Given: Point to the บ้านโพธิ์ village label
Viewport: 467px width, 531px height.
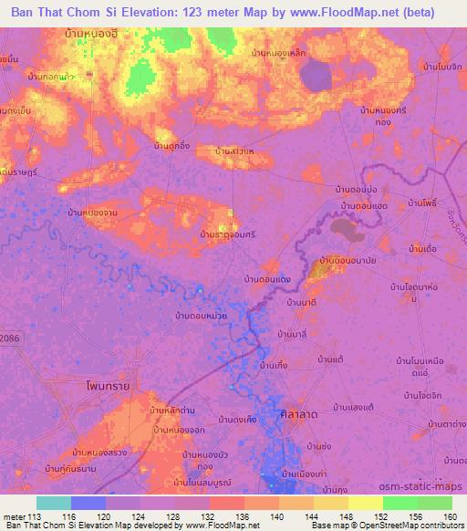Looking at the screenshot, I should coord(425,202).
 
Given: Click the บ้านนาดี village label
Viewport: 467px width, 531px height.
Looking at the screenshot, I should coord(301,301).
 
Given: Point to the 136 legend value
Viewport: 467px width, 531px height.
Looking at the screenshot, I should coord(239,515).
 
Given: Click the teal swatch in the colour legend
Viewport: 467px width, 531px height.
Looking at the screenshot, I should coord(54,503).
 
